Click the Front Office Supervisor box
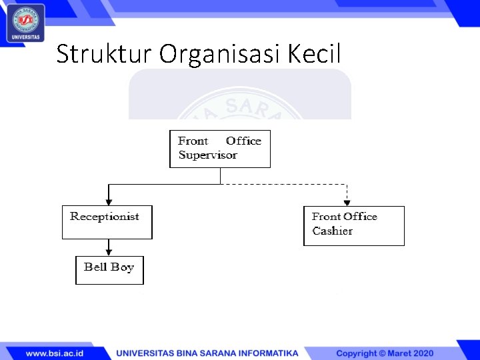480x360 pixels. pos(220,149)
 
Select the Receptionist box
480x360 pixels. pos(107,223)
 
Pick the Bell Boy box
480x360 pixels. pos(109,270)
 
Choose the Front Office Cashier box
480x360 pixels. pos(353,226)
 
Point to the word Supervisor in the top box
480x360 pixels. pos(208,155)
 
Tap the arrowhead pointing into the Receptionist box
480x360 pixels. pos(109,201)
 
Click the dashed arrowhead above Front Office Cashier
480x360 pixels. pos(347,201)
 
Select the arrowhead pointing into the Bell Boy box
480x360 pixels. pos(109,251)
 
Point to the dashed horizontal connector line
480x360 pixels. pos(283,184)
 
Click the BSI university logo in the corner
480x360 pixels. pos(26,22)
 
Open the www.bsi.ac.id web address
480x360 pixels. pos(55,353)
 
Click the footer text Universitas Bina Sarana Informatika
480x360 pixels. pos(207,353)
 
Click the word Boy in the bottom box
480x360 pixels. pos(123,267)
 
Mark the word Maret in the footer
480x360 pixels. pos(397,353)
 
